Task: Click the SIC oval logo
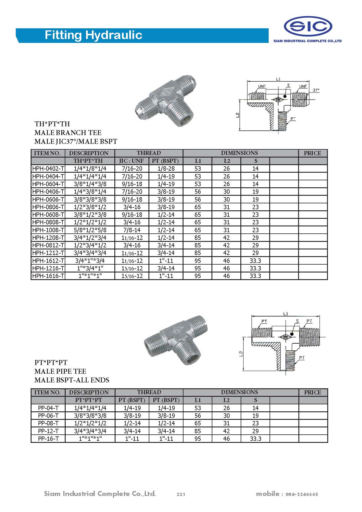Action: point(308,27)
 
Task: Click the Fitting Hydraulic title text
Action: point(93,35)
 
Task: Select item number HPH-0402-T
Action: point(48,169)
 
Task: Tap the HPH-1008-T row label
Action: point(48,230)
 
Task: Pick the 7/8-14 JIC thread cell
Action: point(132,230)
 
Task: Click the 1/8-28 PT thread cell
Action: point(166,169)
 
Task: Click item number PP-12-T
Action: point(48,431)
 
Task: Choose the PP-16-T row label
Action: point(48,438)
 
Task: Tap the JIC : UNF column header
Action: point(132,161)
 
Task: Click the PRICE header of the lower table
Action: point(312,392)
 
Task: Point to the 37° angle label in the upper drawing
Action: point(316,90)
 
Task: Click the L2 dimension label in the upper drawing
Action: point(238,115)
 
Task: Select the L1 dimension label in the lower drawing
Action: point(285,314)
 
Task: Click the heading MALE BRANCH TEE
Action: point(68,133)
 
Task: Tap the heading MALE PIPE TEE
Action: point(60,371)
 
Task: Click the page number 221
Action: point(181,494)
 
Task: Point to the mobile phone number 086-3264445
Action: point(302,494)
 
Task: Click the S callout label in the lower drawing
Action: point(297,321)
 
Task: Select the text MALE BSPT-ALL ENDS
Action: point(72,380)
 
